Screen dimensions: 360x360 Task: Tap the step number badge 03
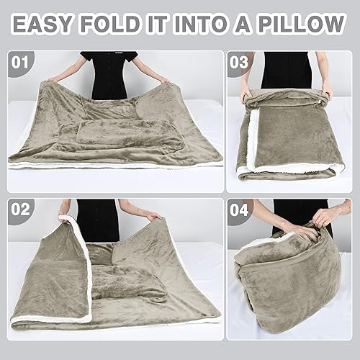pyautogui.click(x=239, y=62)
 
